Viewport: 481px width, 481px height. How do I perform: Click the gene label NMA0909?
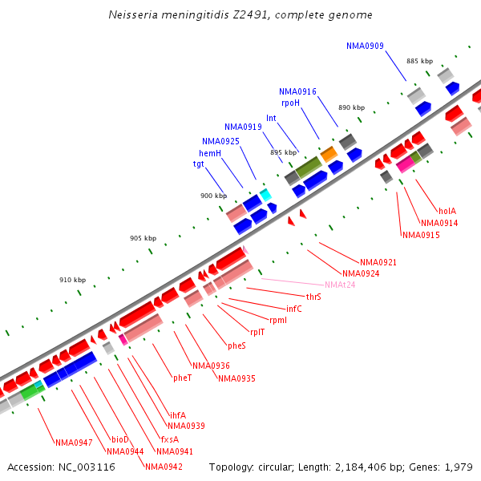point(365,46)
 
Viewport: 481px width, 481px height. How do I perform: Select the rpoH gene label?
point(290,103)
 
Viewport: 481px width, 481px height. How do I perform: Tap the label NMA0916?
point(297,92)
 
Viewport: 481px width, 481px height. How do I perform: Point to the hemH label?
point(210,152)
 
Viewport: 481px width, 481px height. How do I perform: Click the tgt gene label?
point(198,164)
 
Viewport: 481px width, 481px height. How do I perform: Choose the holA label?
point(447,211)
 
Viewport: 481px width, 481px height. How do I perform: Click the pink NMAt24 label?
point(340,285)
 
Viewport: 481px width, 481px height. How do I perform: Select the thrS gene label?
point(313,297)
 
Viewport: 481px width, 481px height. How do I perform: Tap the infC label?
point(294,308)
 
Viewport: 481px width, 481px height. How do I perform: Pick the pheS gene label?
point(236,346)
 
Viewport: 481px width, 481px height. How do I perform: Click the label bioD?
point(119,439)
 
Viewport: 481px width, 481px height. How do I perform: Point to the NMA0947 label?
point(74,443)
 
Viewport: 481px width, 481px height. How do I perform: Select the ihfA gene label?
point(177,415)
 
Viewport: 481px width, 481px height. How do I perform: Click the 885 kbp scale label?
point(419,61)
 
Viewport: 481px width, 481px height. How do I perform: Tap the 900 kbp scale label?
point(213,196)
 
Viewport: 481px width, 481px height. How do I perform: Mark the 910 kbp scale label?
point(72,280)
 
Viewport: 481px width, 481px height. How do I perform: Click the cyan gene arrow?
point(265,194)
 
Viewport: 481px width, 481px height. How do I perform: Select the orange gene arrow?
point(329,152)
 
